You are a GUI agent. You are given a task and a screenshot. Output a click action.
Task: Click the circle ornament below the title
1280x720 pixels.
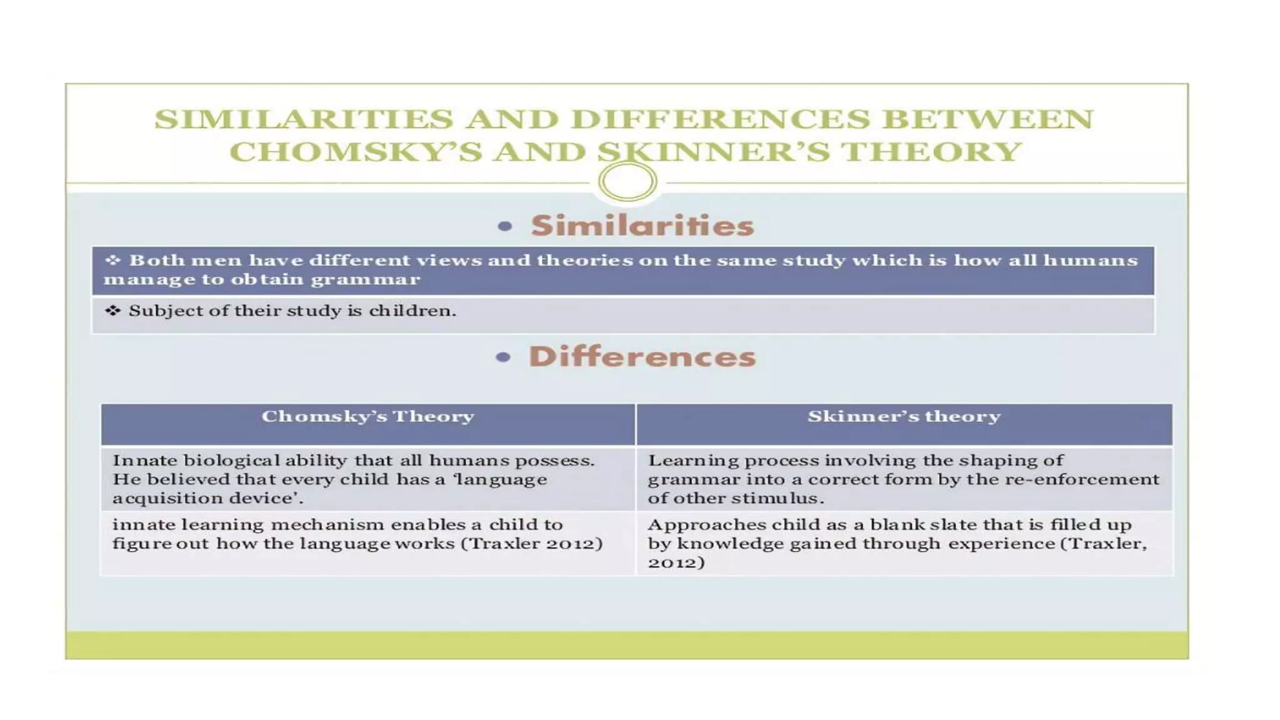627,182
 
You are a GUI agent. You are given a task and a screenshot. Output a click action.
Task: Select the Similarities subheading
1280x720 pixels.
642,226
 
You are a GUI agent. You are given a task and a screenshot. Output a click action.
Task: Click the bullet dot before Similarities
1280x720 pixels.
505,226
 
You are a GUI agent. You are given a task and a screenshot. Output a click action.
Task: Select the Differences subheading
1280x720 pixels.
642,357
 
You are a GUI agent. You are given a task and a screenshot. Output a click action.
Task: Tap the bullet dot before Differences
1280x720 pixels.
503,357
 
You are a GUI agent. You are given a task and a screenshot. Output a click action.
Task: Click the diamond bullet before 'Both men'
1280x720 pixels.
112,259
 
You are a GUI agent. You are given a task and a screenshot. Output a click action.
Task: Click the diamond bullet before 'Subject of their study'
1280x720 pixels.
112,310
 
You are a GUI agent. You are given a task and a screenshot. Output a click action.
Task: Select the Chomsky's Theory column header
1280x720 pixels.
367,416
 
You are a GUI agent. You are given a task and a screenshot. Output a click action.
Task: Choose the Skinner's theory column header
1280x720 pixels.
904,416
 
